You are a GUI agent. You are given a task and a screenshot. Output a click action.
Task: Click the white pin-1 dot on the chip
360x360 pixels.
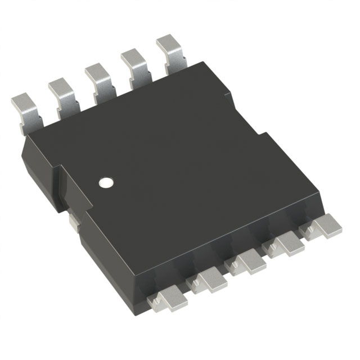(x=105, y=182)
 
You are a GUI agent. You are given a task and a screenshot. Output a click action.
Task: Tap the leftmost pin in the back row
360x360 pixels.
(x=24, y=113)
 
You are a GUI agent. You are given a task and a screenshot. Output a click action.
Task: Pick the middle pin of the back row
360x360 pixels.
(x=98, y=76)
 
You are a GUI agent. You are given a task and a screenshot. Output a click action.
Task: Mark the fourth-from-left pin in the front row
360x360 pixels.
(x=285, y=244)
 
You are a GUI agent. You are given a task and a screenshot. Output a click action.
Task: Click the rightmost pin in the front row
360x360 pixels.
(x=321, y=227)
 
